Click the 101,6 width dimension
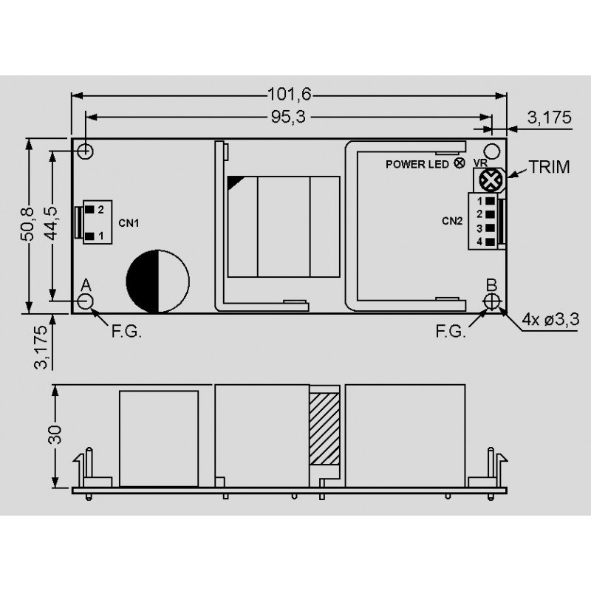point(289,95)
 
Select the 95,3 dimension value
point(288,117)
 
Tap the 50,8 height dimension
point(27,224)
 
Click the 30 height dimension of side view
point(55,434)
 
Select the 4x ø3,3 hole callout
point(550,320)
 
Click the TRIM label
point(549,167)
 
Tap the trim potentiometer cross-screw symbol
point(490,180)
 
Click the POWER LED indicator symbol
point(459,163)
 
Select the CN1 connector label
point(129,223)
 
